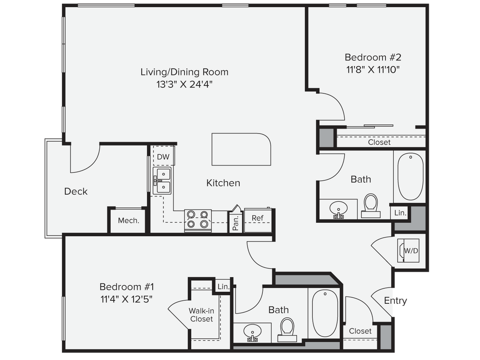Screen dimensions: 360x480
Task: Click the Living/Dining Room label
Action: (x=184, y=72)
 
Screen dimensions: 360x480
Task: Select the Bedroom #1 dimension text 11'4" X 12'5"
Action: (x=126, y=299)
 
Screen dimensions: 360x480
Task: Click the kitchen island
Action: (x=241, y=149)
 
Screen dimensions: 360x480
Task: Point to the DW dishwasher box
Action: (x=163, y=157)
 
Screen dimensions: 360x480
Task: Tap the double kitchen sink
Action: (x=163, y=180)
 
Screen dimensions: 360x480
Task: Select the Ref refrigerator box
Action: (x=257, y=218)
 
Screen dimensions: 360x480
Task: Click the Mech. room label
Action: (x=128, y=221)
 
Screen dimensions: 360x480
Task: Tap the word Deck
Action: (x=76, y=192)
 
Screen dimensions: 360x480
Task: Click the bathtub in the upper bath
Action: (x=410, y=177)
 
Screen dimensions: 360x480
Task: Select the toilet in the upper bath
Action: (x=370, y=205)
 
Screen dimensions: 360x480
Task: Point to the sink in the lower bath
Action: (x=253, y=331)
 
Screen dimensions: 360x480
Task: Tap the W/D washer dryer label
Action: (x=411, y=251)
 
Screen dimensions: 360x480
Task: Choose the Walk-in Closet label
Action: (x=201, y=315)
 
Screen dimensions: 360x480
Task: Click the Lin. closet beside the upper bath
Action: (x=400, y=212)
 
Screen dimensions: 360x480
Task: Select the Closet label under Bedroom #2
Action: (x=379, y=142)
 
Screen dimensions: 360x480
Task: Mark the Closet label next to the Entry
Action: (x=360, y=331)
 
